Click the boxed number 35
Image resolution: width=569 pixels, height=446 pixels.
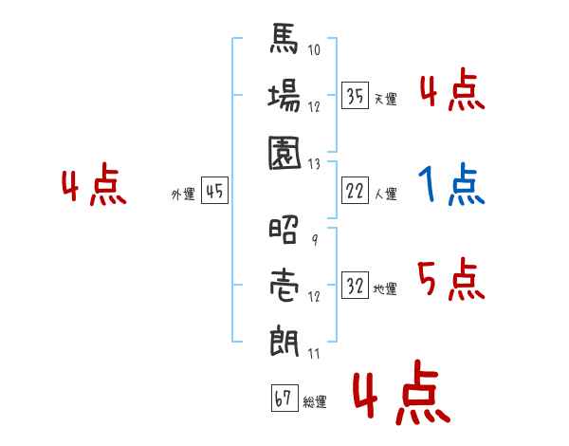click(356, 95)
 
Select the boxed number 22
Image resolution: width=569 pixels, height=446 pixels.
click(356, 190)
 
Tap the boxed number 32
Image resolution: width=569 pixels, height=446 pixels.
click(356, 285)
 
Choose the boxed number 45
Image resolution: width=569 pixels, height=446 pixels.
click(214, 191)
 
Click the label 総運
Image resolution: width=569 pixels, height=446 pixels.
click(314, 402)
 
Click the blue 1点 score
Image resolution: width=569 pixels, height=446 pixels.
click(450, 185)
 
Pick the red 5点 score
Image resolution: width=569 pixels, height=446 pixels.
click(450, 279)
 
